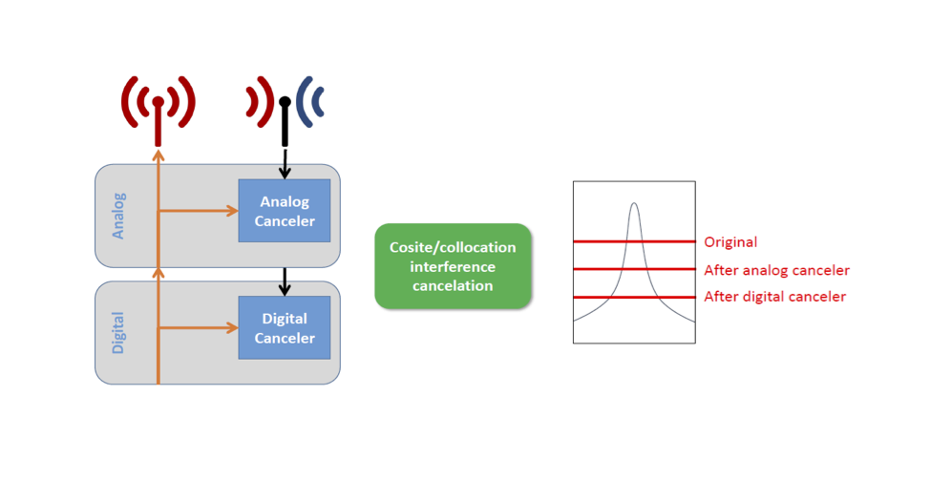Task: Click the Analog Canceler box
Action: tap(285, 211)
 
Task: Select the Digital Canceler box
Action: tap(285, 327)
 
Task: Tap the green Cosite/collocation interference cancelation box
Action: tap(453, 266)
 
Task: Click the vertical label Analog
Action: tap(118, 216)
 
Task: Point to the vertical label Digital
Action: tap(118, 332)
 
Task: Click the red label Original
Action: tap(730, 242)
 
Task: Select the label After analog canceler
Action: tap(776, 270)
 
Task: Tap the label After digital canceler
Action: tap(774, 296)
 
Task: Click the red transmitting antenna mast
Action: tap(158, 122)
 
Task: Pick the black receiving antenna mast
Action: tap(285, 122)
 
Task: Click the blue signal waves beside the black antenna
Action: tap(310, 101)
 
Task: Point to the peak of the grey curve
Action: tap(634, 203)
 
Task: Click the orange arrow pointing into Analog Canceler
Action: tap(199, 210)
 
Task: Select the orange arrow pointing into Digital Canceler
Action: tap(199, 327)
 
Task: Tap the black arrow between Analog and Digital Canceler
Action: tap(285, 281)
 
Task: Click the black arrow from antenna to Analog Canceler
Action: tap(285, 163)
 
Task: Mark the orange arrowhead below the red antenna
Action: tap(158, 156)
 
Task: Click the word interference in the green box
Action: tap(453, 266)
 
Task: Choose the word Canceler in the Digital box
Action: tap(285, 338)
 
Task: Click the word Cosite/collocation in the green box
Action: tap(453, 247)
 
